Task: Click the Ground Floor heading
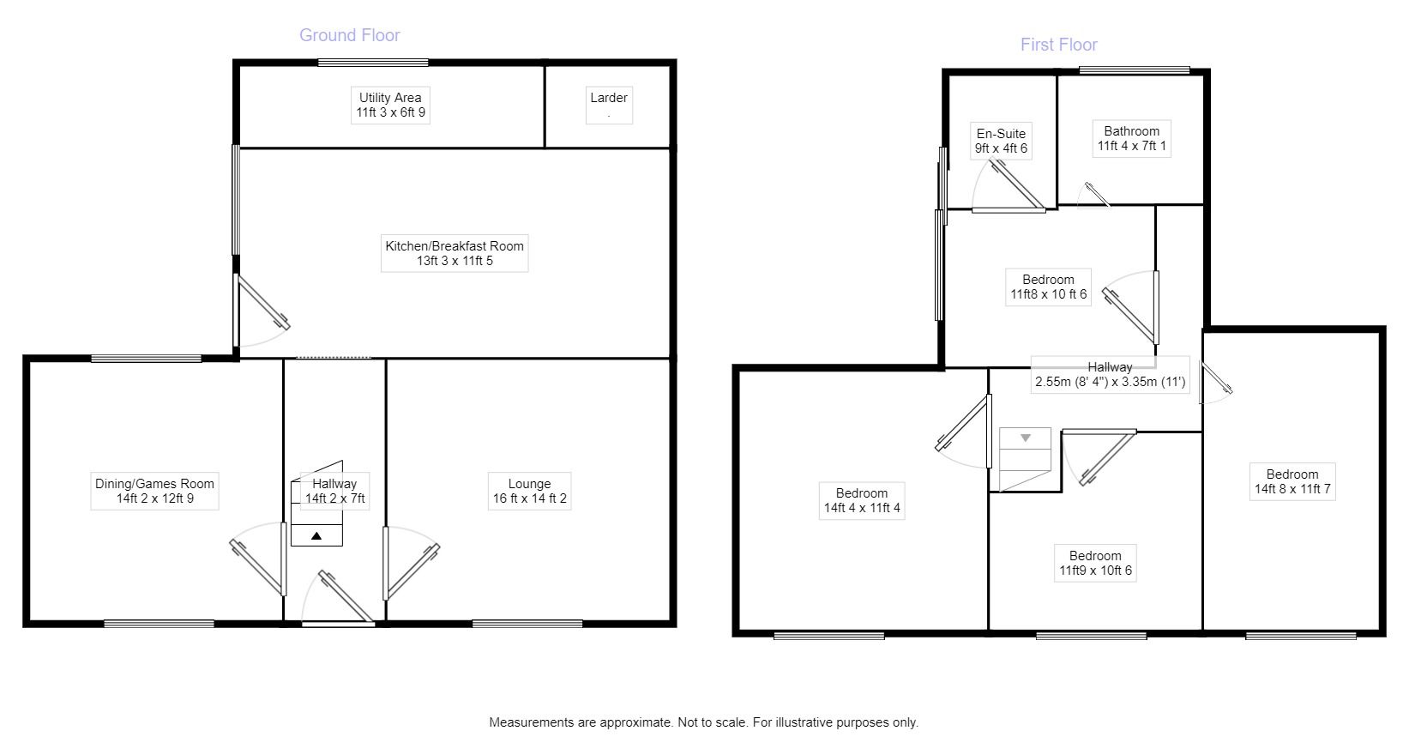(x=349, y=35)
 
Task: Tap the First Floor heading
(x=1058, y=45)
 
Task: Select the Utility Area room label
(x=390, y=105)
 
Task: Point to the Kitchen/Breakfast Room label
(x=454, y=253)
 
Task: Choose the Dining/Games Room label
(x=154, y=491)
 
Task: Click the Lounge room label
(x=529, y=491)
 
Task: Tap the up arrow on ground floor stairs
(x=316, y=535)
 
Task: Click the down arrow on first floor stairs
(x=1025, y=438)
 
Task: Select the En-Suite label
(x=1001, y=141)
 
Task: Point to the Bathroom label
(x=1131, y=138)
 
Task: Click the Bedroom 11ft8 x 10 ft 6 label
(x=1048, y=287)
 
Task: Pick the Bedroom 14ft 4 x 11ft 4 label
(x=861, y=500)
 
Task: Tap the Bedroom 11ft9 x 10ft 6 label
(x=1095, y=563)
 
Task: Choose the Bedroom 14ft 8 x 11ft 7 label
(x=1292, y=481)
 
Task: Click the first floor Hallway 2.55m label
(x=1110, y=375)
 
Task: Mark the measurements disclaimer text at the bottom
(x=703, y=722)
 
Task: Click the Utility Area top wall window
(x=373, y=63)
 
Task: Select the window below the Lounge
(x=527, y=624)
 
